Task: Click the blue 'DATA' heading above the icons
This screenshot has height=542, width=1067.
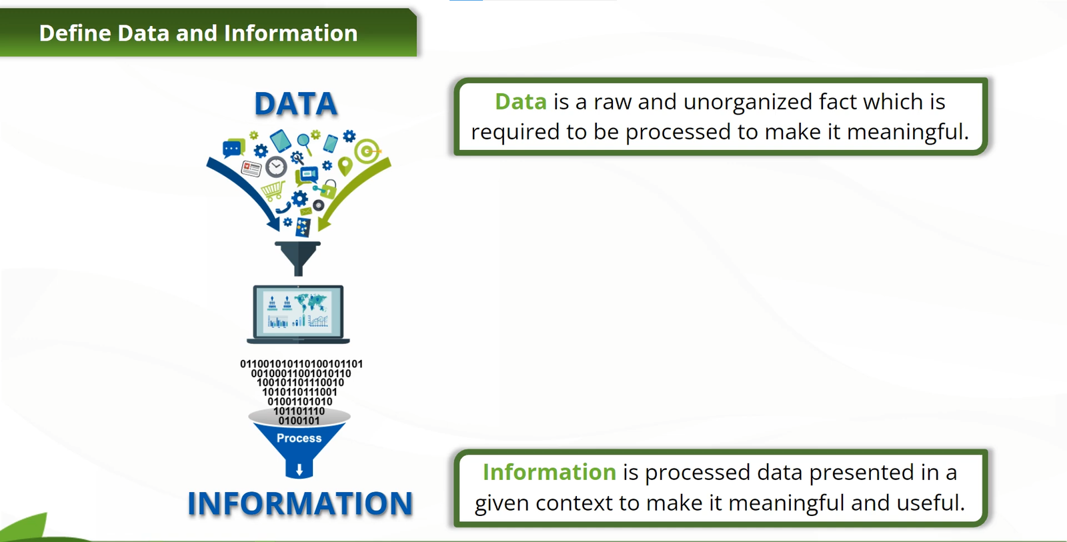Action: click(x=296, y=104)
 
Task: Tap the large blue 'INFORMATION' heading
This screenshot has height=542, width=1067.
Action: click(x=300, y=503)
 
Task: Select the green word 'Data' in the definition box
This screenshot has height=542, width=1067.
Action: click(x=521, y=102)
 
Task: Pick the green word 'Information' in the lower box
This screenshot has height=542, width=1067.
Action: click(x=550, y=473)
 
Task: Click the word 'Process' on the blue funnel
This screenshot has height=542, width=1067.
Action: click(x=299, y=438)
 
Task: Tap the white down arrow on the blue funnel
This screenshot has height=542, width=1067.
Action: click(x=299, y=469)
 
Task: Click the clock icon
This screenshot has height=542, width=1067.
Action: click(x=276, y=167)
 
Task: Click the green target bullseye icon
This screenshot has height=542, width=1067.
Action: click(x=367, y=151)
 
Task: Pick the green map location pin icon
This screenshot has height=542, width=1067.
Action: click(x=345, y=166)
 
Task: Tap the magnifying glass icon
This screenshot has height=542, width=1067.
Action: click(x=305, y=142)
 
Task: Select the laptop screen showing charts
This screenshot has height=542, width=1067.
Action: click(x=298, y=312)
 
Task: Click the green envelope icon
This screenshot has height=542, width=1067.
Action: click(x=305, y=212)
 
